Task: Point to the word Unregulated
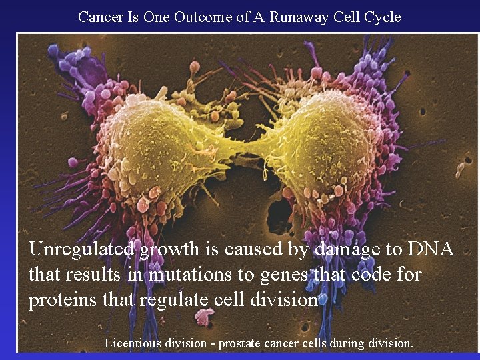coord(81,249)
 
